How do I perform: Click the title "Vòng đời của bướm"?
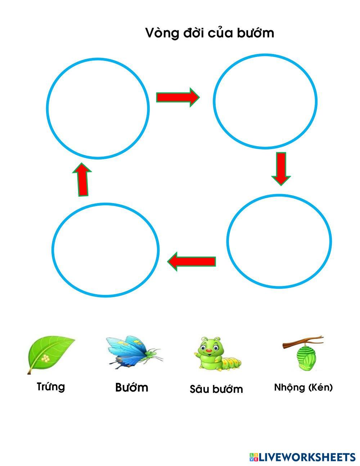coord(210,33)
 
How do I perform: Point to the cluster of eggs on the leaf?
coord(46,358)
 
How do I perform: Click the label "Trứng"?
coord(51,387)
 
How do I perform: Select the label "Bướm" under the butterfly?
coord(131,387)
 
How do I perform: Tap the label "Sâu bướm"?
coord(216,389)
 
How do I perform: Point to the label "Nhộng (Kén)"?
coord(303,387)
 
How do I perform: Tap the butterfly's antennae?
coord(157,350)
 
